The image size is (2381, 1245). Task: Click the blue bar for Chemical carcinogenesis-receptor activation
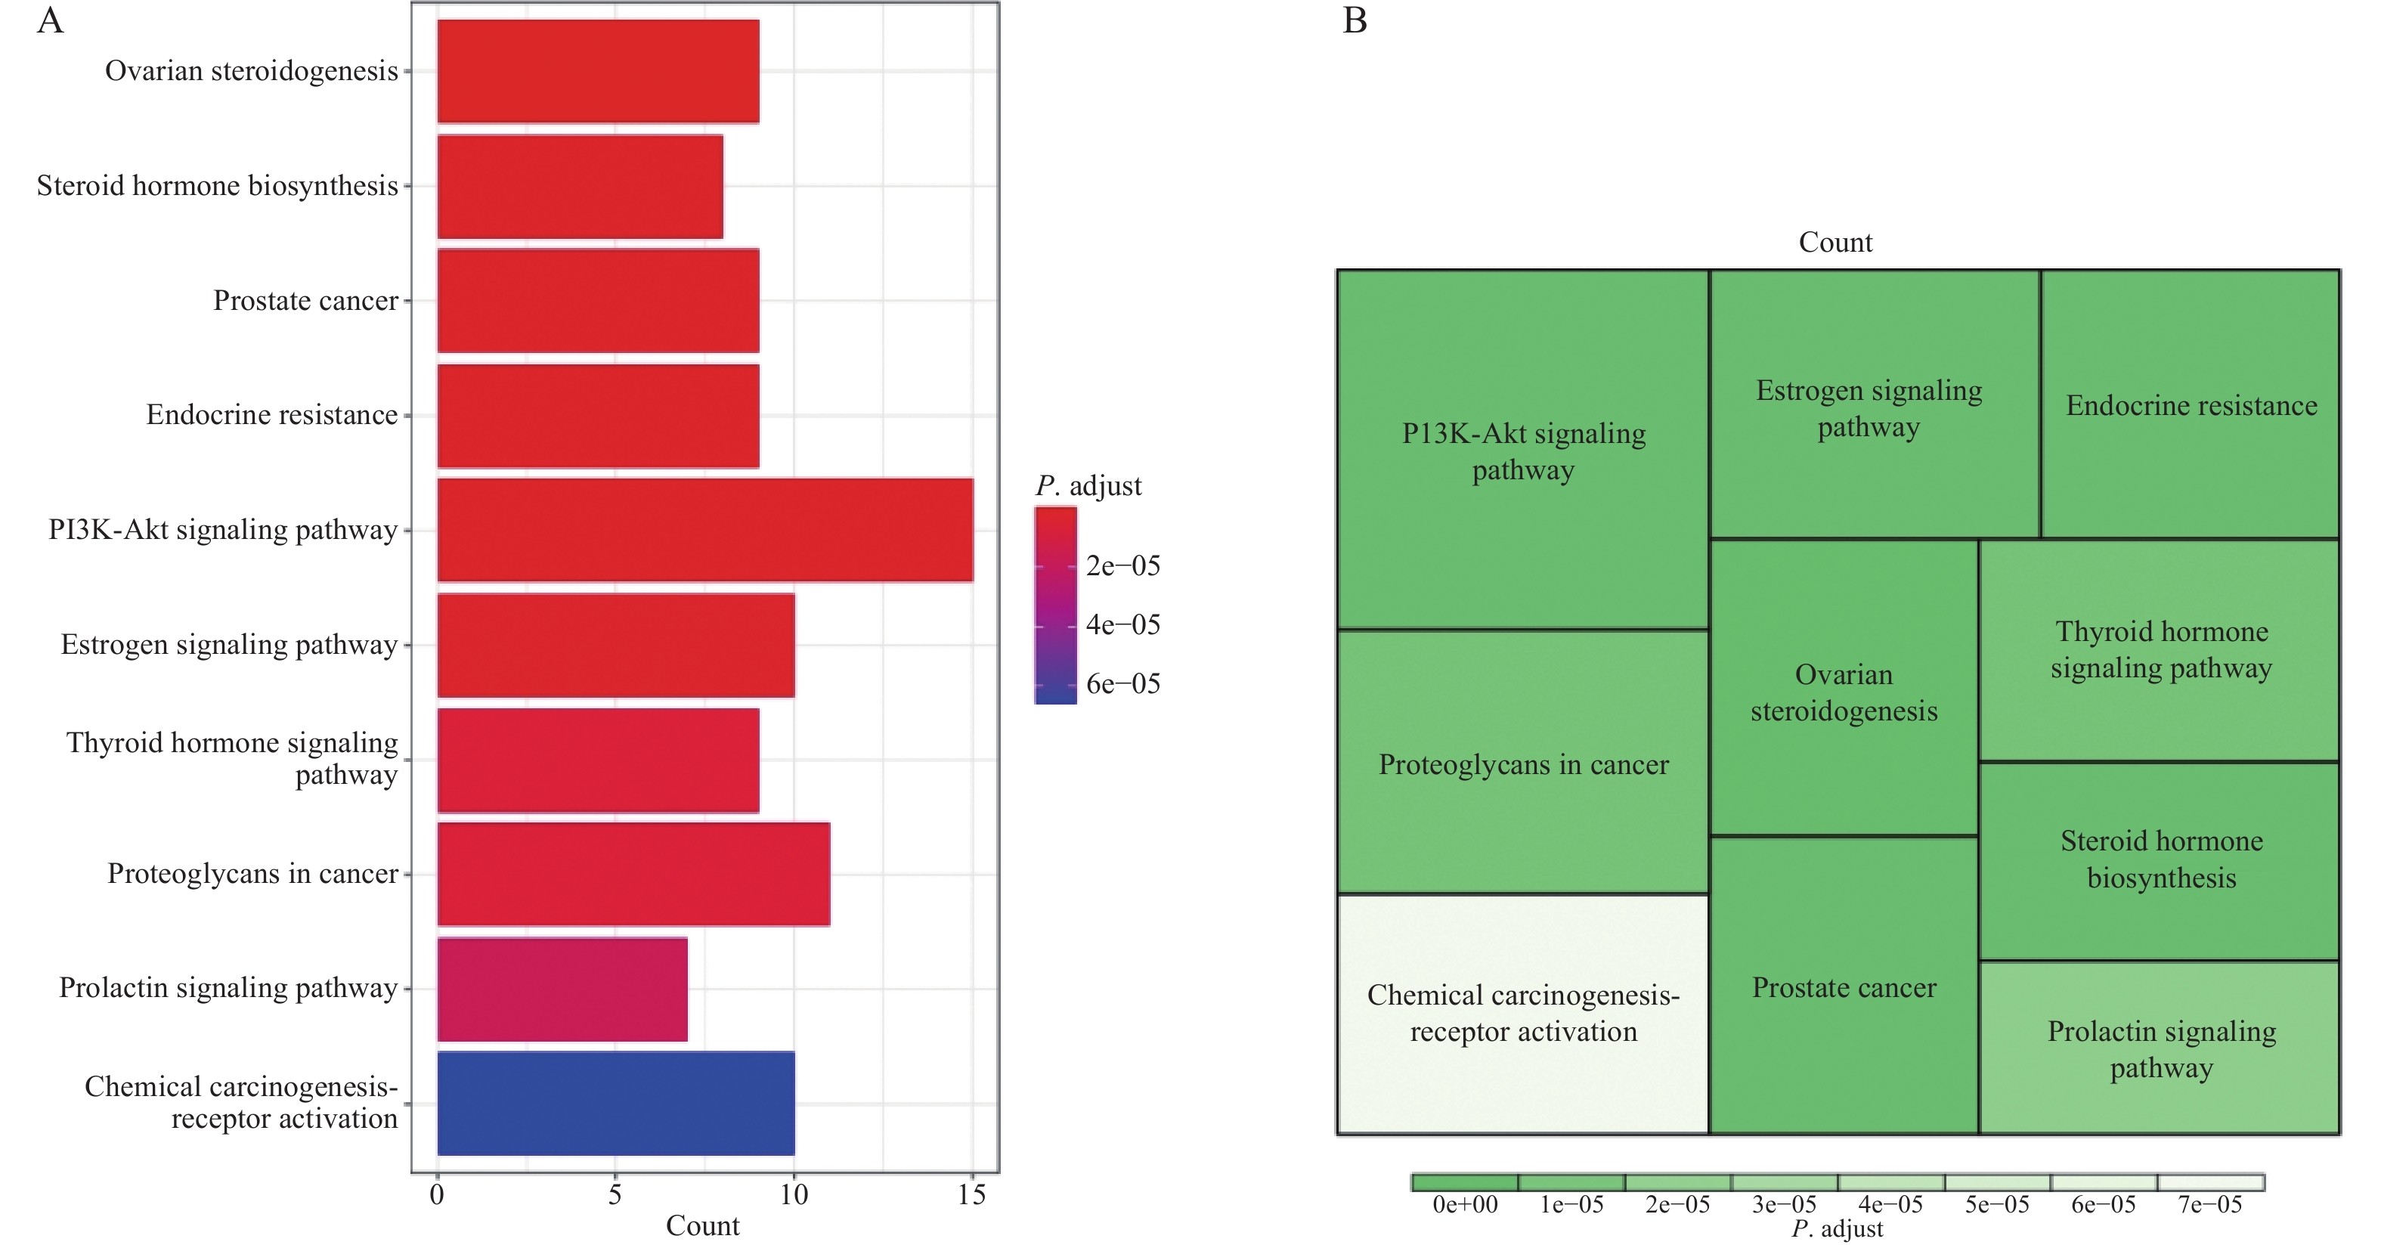(x=615, y=1103)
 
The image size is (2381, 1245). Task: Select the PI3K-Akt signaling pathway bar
(x=704, y=530)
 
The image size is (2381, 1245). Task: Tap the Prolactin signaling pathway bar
(x=562, y=989)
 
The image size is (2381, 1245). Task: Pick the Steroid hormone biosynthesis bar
(x=580, y=186)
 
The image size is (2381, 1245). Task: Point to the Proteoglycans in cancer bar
(x=633, y=873)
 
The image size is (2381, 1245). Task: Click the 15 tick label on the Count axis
(x=971, y=1195)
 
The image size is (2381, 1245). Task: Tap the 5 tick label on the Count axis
(x=615, y=1195)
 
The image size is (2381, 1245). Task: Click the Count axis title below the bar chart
(x=702, y=1225)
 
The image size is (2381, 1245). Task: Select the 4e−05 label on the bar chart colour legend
(x=1122, y=625)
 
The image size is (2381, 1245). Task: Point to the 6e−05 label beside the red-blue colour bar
(x=1122, y=684)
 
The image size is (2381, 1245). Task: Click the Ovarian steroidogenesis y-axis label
(x=252, y=71)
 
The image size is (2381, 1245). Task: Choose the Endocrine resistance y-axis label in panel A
(x=272, y=415)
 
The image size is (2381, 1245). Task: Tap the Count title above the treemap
(x=1835, y=242)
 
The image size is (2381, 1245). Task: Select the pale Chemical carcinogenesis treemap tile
(x=1522, y=1013)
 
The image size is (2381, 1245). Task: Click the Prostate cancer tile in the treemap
(x=1844, y=987)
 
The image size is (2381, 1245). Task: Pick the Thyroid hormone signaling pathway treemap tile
(x=2160, y=650)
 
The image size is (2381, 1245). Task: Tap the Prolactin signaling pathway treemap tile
(x=2160, y=1048)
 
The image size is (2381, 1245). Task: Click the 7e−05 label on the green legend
(x=2210, y=1204)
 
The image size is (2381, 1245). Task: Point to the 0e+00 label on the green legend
(x=1464, y=1204)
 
